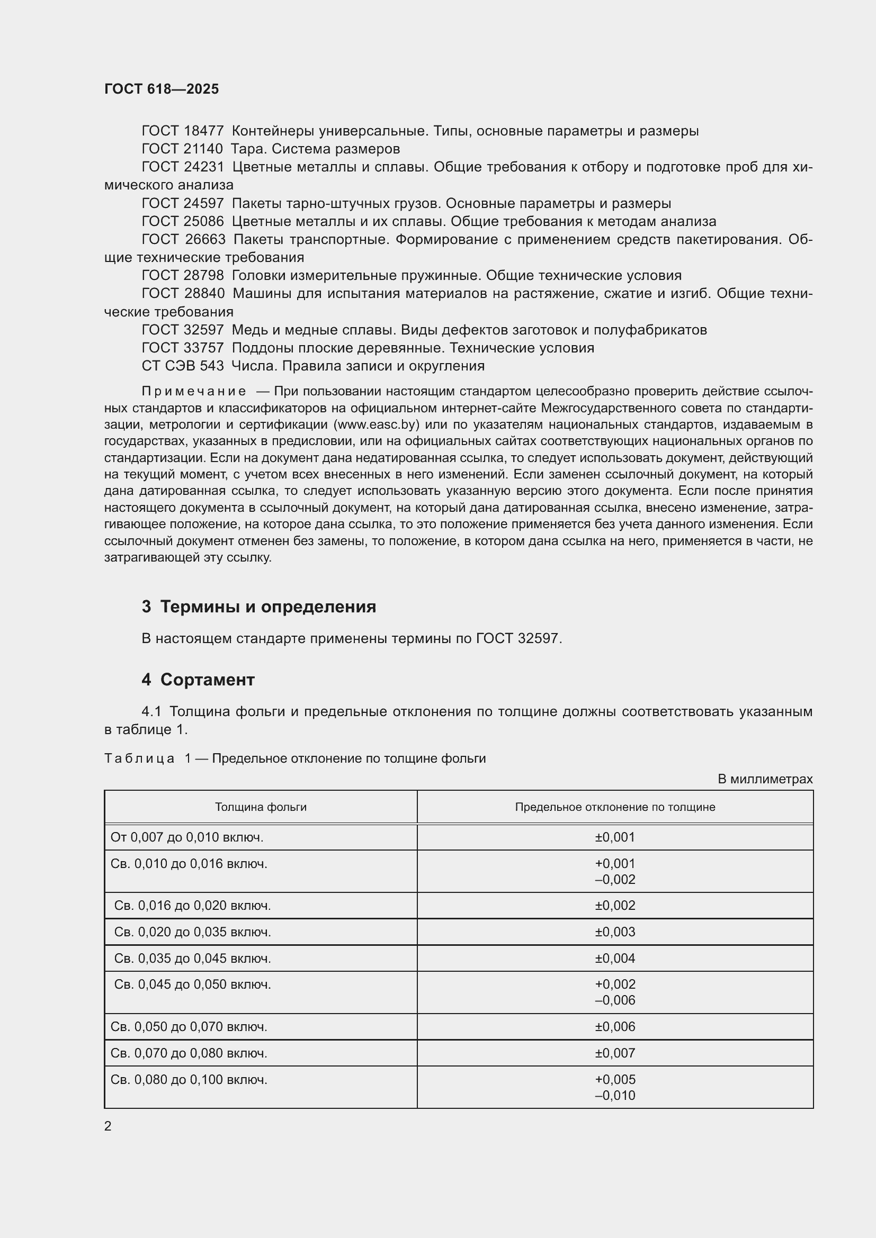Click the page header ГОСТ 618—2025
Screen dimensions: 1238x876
tap(162, 89)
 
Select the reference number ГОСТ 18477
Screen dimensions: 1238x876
tap(182, 131)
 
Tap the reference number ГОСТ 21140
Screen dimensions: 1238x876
tap(182, 149)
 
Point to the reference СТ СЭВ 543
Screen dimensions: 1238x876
tap(182, 366)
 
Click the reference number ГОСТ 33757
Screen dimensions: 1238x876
tap(182, 348)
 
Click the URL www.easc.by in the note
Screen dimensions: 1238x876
tap(376, 424)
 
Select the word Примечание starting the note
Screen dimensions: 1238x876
tap(194, 391)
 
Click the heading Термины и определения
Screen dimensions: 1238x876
tap(268, 607)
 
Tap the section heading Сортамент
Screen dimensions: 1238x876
tap(207, 680)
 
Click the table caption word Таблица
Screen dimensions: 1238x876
tap(139, 758)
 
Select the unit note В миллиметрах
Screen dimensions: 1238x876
tap(765, 779)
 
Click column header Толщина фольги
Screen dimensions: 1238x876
tap(261, 807)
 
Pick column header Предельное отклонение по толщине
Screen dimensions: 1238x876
tap(615, 807)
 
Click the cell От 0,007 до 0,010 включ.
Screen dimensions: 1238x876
tap(186, 837)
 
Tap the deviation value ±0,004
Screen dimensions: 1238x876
tap(615, 958)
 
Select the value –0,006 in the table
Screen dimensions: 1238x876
tap(615, 1000)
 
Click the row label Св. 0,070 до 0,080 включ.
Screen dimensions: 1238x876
tap(189, 1053)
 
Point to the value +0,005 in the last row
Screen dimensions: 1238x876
tap(615, 1079)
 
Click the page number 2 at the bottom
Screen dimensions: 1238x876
tap(108, 1126)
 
